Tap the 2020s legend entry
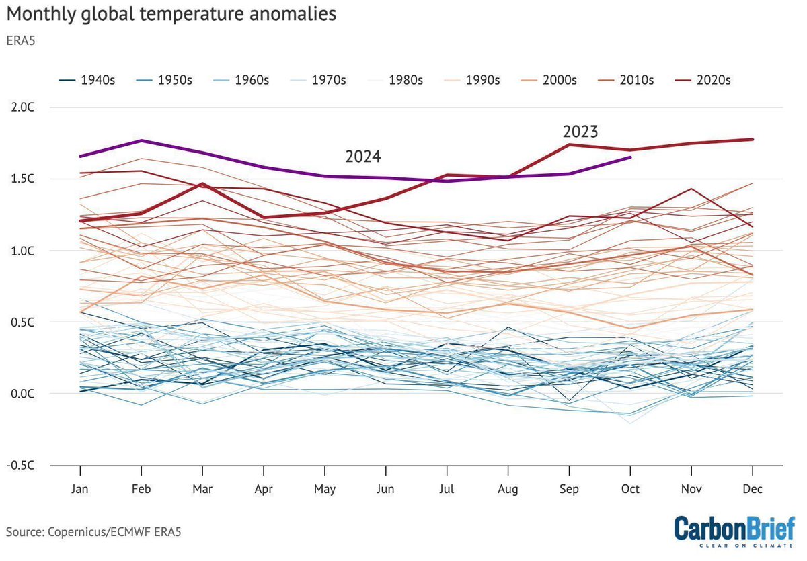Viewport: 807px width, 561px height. pyautogui.click(x=702, y=80)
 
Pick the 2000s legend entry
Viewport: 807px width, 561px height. pyautogui.click(x=548, y=80)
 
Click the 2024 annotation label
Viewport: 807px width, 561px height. pyautogui.click(x=363, y=157)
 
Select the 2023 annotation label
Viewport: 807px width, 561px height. pyautogui.click(x=580, y=131)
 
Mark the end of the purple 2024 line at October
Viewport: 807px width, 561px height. pyautogui.click(x=630, y=157)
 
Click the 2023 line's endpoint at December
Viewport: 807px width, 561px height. pyautogui.click(x=753, y=139)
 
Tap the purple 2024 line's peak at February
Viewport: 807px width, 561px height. pyautogui.click(x=141, y=140)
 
